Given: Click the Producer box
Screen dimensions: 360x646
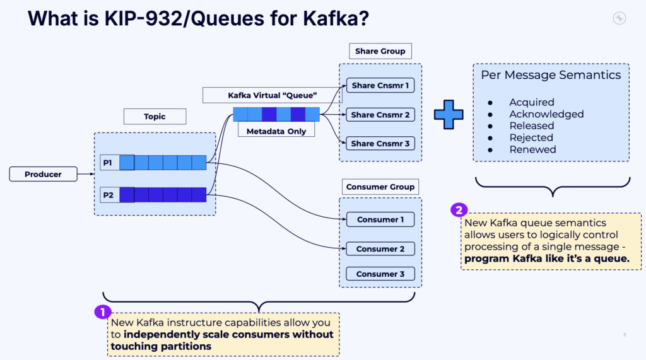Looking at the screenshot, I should coord(43,174).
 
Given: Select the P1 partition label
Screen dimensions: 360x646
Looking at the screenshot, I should coord(107,163).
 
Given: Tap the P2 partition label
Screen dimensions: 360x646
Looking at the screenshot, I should coord(107,195).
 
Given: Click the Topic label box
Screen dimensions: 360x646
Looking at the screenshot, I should coord(155,116).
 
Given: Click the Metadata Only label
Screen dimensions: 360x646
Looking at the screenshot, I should coord(276,131).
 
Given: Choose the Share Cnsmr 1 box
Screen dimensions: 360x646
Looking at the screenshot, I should coord(380,86).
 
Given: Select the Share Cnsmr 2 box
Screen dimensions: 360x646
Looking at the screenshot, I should coord(380,115).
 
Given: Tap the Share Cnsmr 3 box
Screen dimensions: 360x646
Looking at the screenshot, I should coord(380,143).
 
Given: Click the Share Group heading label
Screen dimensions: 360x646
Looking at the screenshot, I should coord(380,51).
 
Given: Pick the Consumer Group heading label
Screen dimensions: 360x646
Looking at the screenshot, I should coord(380,187).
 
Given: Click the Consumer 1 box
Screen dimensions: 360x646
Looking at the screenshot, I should coord(380,219).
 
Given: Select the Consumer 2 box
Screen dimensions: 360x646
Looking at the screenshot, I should coord(380,248).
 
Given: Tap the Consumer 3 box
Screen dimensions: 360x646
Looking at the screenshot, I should coord(380,274).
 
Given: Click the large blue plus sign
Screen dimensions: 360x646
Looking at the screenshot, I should coord(449,114).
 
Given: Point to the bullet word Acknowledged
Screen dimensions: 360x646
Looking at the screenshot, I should coord(546,114).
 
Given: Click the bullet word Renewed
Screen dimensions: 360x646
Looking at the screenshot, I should coord(532,149).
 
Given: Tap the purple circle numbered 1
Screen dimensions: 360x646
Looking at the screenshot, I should coord(102,311).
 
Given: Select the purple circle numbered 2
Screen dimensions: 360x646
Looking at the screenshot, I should coord(459,211).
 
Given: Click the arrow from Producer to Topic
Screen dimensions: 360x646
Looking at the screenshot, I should coord(85,174).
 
